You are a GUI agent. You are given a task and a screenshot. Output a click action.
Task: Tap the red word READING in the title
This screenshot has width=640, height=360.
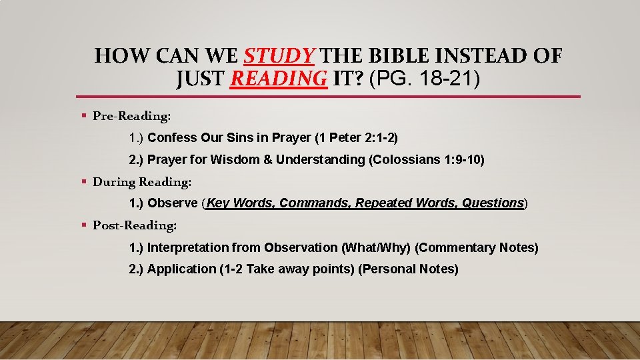279,79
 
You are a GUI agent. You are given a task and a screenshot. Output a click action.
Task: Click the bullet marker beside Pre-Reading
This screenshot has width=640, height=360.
84,116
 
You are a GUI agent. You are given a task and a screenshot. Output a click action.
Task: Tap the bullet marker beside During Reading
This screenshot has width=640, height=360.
84,181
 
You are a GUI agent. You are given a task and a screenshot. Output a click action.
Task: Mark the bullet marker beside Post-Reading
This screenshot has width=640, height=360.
84,225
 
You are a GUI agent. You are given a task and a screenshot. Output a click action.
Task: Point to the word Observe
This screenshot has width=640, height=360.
173,203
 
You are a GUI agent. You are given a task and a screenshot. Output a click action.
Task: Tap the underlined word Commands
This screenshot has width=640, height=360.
314,203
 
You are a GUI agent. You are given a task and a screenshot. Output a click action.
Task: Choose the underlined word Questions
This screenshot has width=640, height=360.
492,203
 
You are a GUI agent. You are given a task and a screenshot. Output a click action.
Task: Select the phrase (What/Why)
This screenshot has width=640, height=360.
376,248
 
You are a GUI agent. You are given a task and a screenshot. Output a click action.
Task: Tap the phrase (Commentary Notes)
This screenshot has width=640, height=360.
477,248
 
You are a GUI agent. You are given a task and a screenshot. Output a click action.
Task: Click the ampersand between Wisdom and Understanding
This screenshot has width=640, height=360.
269,160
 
